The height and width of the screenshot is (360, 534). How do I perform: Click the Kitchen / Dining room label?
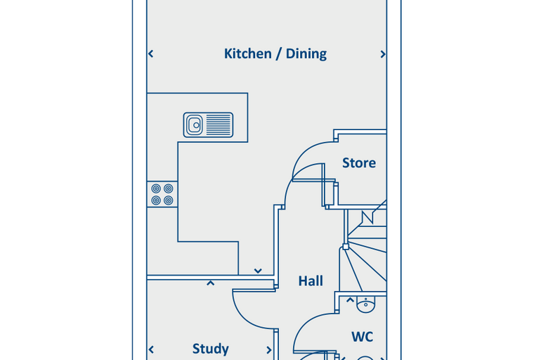click(275, 54)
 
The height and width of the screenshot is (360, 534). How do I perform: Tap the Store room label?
click(359, 163)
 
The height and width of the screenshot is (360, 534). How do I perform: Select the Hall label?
click(311, 281)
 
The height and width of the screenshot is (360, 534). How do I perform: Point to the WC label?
click(363, 337)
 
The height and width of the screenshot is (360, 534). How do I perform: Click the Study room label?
click(211, 349)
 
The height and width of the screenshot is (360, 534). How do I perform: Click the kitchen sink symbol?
click(208, 125)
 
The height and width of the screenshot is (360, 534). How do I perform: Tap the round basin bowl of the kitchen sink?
click(195, 125)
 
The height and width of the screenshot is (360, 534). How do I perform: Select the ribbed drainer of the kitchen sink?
click(219, 125)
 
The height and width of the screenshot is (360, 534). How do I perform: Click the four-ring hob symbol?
click(162, 194)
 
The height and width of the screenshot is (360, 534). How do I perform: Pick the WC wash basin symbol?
click(366, 304)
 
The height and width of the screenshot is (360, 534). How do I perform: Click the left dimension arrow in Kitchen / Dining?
click(151, 54)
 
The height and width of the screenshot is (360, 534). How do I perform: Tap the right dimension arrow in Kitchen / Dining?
click(383, 54)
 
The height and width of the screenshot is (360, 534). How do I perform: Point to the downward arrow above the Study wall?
click(258, 271)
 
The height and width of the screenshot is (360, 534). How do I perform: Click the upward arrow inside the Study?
click(211, 283)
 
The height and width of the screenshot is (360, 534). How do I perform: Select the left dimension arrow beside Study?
click(152, 349)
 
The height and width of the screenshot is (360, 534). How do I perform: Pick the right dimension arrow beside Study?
click(269, 349)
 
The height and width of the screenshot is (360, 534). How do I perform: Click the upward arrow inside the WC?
click(350, 300)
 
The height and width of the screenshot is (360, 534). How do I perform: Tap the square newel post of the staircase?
click(346, 247)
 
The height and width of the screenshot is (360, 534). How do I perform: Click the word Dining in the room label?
click(306, 54)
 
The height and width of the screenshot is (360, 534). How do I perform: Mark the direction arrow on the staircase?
click(367, 217)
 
